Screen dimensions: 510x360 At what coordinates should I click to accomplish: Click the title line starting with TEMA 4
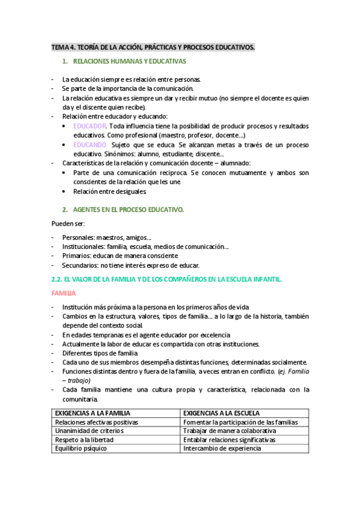[153, 46]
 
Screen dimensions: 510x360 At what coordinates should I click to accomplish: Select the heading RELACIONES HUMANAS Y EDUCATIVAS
[129, 61]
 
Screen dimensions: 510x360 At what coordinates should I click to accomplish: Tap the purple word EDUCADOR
[90, 126]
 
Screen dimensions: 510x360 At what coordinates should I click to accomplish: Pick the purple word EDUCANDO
[91, 145]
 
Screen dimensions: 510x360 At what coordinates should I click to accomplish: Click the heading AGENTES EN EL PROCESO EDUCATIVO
[128, 209]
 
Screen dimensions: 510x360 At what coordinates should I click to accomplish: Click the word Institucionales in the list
[83, 247]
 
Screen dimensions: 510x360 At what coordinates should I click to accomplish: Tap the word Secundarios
[79, 265]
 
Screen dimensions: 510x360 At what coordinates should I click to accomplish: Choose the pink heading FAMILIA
[63, 293]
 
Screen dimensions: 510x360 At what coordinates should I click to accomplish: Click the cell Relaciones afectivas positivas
[97, 422]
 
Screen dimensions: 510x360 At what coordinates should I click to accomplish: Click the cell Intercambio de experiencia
[222, 449]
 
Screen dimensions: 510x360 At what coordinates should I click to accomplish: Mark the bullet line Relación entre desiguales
[109, 192]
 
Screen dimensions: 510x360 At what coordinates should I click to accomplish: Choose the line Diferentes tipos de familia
[100, 353]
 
